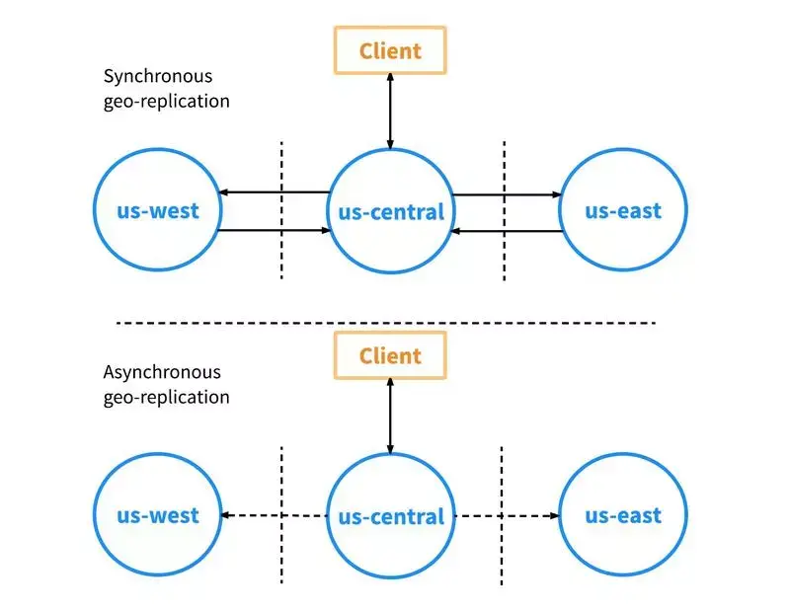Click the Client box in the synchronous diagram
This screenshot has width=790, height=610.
tap(390, 50)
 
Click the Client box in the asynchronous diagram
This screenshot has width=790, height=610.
tap(390, 355)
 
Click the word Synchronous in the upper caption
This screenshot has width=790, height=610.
tap(158, 76)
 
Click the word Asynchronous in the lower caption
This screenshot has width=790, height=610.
tap(162, 372)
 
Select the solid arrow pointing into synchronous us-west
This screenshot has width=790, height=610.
tap(275, 192)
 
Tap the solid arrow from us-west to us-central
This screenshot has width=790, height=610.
tap(274, 230)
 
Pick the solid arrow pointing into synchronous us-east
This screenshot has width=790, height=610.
tap(508, 194)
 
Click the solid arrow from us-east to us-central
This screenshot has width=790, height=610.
tap(507, 231)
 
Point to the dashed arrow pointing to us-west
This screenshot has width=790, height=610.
tap(275, 515)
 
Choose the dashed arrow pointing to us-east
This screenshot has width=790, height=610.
tap(508, 516)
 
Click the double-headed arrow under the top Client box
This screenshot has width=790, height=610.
tap(390, 112)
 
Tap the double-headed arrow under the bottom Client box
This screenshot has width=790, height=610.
tap(390, 417)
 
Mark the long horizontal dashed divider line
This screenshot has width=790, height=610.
tap(386, 323)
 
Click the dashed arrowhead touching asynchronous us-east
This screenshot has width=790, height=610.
tap(555, 516)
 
